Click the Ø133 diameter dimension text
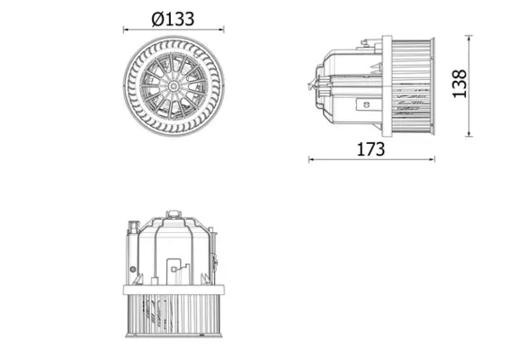pyautogui.click(x=173, y=18)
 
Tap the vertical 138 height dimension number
pyautogui.click(x=486, y=85)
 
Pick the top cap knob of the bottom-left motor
pyautogui.click(x=173, y=212)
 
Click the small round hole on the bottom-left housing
pyautogui.click(x=134, y=269)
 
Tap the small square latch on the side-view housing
pyautogui.click(x=366, y=103)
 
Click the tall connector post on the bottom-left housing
pyautogui.click(x=134, y=234)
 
